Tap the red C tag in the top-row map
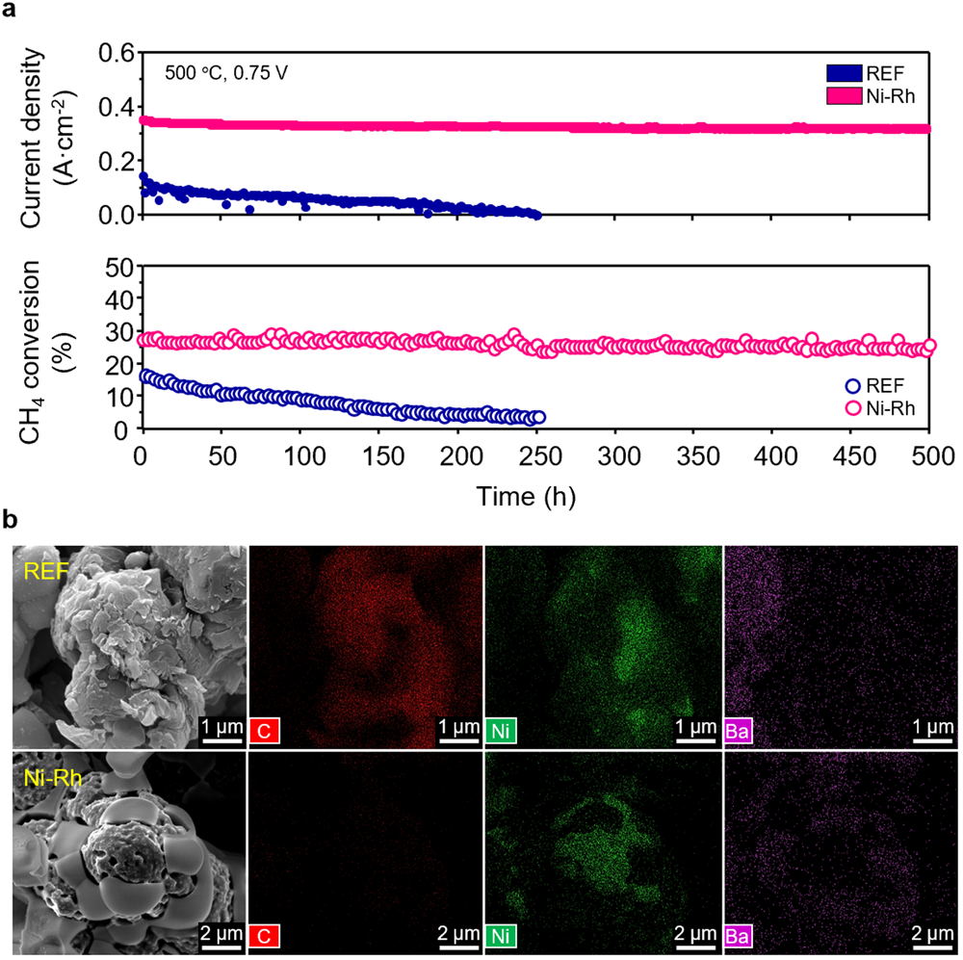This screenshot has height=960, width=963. (264, 731)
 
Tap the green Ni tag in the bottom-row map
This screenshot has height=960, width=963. (500, 937)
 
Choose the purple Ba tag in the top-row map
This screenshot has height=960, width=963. (739, 731)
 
